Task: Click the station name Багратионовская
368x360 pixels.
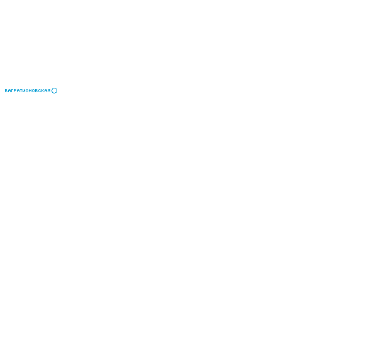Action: click(28, 91)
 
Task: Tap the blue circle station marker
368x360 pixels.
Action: click(54, 88)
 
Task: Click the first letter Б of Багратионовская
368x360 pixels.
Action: click(6, 91)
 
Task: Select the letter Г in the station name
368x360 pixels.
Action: click(13, 91)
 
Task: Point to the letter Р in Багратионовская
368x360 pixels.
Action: click(16, 91)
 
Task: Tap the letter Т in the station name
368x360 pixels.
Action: click(21, 91)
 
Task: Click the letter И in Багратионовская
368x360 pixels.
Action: click(24, 91)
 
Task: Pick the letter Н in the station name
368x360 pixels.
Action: click(30, 91)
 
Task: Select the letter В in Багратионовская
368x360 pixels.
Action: click(36, 91)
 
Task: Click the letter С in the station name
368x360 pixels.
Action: click(40, 91)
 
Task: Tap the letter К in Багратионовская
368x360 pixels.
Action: click(43, 91)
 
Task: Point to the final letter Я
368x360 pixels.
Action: click(49, 91)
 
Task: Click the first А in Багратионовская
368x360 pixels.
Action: click(9, 91)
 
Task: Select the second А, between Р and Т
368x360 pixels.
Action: click(19, 91)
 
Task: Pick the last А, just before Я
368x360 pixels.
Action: click(46, 91)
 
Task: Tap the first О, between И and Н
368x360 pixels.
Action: click(27, 91)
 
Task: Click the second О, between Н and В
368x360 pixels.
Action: click(33, 91)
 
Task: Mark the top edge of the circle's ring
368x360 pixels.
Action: click(54, 88)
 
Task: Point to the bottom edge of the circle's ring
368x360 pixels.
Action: click(54, 93)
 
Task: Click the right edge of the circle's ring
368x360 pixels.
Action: click(57, 91)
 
